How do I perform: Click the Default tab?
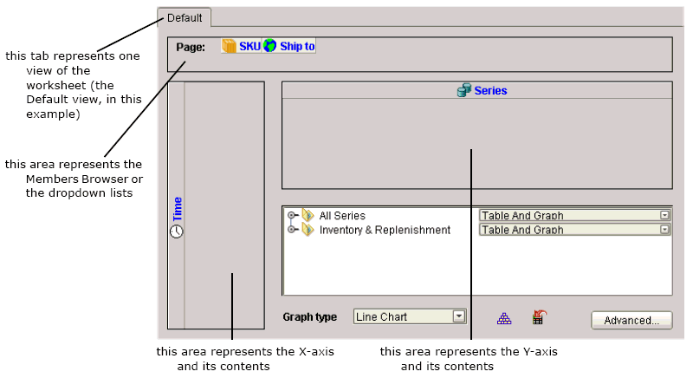coord(185,18)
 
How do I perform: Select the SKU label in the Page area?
coord(249,47)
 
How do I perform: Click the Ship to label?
coord(297,47)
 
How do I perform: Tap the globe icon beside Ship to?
coord(269,46)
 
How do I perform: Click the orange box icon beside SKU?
coord(229,46)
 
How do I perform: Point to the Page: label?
coord(191,48)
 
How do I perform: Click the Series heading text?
coord(490,91)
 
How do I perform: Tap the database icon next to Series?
coord(463,90)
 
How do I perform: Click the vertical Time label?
coord(178,209)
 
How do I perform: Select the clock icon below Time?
coord(177,231)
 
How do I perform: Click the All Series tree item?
coord(342,216)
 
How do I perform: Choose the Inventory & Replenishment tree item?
coord(385,230)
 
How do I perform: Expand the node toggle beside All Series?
coord(291,215)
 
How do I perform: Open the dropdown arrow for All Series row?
coord(664,215)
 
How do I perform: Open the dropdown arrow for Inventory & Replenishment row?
coord(664,230)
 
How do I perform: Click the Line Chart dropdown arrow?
coord(459,316)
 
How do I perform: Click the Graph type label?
coord(310,317)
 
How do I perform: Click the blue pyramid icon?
coord(504,318)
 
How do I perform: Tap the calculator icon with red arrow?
coord(539,317)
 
